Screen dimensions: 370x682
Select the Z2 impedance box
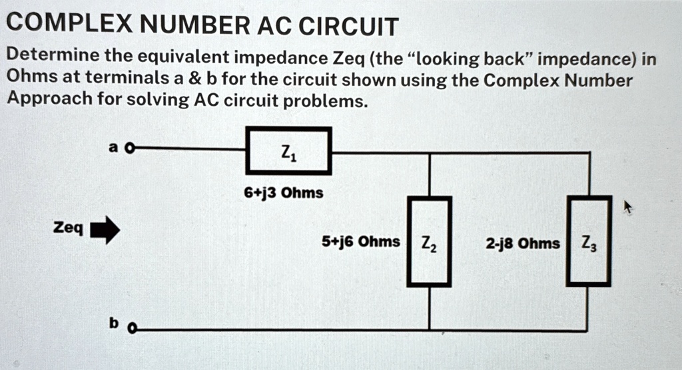click(x=429, y=242)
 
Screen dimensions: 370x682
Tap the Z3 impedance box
click(x=589, y=242)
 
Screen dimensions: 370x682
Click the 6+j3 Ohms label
click(x=283, y=193)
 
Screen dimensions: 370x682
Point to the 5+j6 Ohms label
click(x=361, y=242)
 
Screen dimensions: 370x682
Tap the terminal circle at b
click(x=131, y=329)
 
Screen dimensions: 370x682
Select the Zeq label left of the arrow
click(x=68, y=229)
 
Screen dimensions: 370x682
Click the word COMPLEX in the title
click(x=67, y=26)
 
